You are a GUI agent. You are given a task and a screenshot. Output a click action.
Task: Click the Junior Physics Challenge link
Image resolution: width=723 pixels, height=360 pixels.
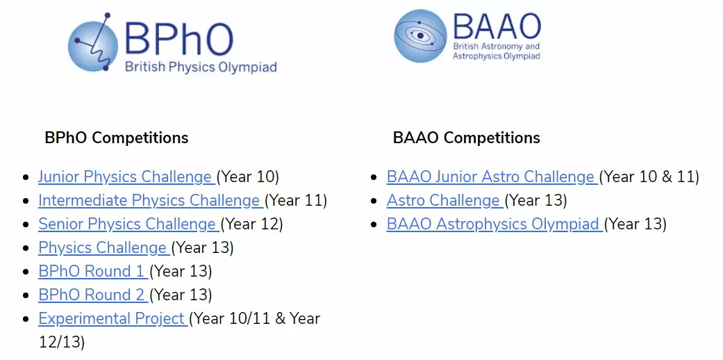pyautogui.click(x=125, y=177)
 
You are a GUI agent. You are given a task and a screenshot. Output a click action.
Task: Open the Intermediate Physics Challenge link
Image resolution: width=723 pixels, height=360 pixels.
pyautogui.click(x=149, y=201)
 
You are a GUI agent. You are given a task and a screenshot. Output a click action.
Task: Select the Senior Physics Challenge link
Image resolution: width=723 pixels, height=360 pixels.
pyautogui.click(x=127, y=224)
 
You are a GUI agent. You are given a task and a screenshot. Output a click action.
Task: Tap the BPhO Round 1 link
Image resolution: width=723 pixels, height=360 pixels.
pyautogui.click(x=91, y=272)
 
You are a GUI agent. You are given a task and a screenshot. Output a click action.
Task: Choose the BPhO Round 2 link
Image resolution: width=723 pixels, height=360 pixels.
pyautogui.click(x=91, y=295)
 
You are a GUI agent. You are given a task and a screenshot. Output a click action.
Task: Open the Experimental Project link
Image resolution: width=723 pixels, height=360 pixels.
pyautogui.click(x=111, y=319)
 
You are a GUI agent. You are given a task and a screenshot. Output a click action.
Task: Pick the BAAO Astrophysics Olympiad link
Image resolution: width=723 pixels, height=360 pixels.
pyautogui.click(x=493, y=224)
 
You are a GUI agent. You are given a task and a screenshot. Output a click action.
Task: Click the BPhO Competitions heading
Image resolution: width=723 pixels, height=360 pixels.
pyautogui.click(x=116, y=138)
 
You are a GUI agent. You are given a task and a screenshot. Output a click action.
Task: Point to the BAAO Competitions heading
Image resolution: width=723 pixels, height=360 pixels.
pyautogui.click(x=466, y=138)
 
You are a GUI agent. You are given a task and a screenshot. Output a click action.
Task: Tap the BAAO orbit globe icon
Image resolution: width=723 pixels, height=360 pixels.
pyautogui.click(x=420, y=35)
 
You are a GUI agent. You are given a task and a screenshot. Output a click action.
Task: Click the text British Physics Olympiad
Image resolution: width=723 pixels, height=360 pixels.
pyautogui.click(x=200, y=67)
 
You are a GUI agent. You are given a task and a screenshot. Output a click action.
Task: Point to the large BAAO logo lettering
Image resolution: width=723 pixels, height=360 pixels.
pyautogui.click(x=496, y=26)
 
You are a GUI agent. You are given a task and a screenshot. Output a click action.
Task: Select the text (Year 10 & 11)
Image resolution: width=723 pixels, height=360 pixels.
pyautogui.click(x=649, y=177)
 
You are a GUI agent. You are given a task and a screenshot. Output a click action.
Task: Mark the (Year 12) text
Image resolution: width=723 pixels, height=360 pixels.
pyautogui.click(x=252, y=224)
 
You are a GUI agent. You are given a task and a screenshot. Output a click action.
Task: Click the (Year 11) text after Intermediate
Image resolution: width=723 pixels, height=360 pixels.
pyautogui.click(x=296, y=201)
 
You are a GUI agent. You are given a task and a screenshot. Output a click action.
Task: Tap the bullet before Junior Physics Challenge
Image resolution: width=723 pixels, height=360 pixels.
pyautogui.click(x=26, y=178)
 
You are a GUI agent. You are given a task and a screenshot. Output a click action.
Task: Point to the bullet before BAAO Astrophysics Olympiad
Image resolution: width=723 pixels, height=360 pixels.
pyautogui.click(x=375, y=225)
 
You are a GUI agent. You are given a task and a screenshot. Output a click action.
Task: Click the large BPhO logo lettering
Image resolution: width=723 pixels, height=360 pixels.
pyautogui.click(x=178, y=38)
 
